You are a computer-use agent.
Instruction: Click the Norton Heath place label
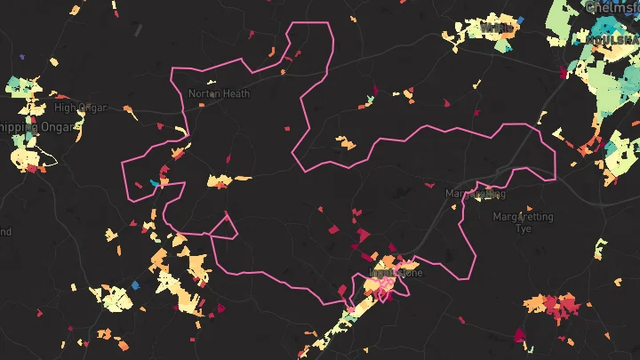pyautogui.click(x=219, y=93)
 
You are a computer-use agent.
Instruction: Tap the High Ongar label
pyautogui.click(x=80, y=108)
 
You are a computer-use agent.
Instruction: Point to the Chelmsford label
pyautogui.click(x=613, y=7)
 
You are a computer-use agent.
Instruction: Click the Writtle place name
pyautogui.click(x=495, y=28)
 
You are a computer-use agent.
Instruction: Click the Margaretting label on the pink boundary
pyautogui.click(x=475, y=193)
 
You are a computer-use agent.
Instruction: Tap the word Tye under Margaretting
pyautogui.click(x=524, y=228)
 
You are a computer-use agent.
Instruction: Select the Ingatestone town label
pyautogui.click(x=396, y=273)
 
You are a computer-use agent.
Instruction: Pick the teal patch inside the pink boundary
pyautogui.click(x=155, y=182)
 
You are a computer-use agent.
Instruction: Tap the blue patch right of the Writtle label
pyautogui.click(x=520, y=20)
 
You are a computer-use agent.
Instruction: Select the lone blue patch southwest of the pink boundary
pyautogui.click(x=135, y=285)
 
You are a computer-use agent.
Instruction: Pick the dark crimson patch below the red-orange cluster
pyautogui.click(x=520, y=336)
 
